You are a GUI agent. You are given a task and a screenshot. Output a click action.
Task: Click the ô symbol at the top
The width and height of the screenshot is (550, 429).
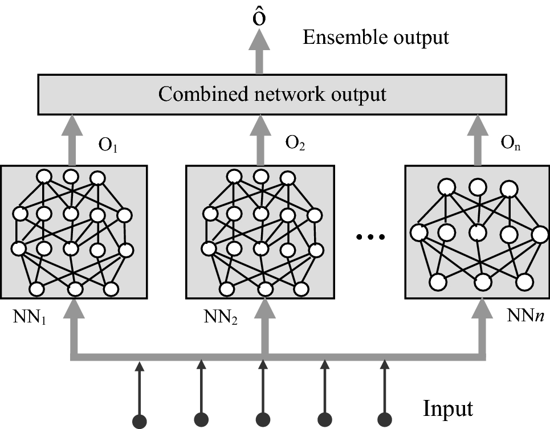click(x=259, y=18)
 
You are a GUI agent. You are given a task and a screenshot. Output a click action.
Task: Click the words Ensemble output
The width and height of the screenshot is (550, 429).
click(x=376, y=38)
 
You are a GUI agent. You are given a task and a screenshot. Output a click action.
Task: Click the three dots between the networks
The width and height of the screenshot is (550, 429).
click(x=371, y=235)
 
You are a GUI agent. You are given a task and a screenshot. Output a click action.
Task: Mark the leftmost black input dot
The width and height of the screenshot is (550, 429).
click(x=139, y=421)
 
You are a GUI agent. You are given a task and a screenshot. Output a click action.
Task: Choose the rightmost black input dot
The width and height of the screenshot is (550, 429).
click(x=386, y=421)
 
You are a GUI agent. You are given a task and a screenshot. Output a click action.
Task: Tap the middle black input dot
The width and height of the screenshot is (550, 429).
click(x=262, y=421)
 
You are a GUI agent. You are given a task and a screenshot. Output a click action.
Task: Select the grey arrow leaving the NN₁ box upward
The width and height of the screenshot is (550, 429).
click(x=73, y=139)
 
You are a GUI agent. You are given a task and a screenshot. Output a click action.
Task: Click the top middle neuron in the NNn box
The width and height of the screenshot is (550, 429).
click(x=478, y=186)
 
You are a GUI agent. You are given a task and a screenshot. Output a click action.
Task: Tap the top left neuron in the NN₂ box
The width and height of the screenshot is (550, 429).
click(x=234, y=177)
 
